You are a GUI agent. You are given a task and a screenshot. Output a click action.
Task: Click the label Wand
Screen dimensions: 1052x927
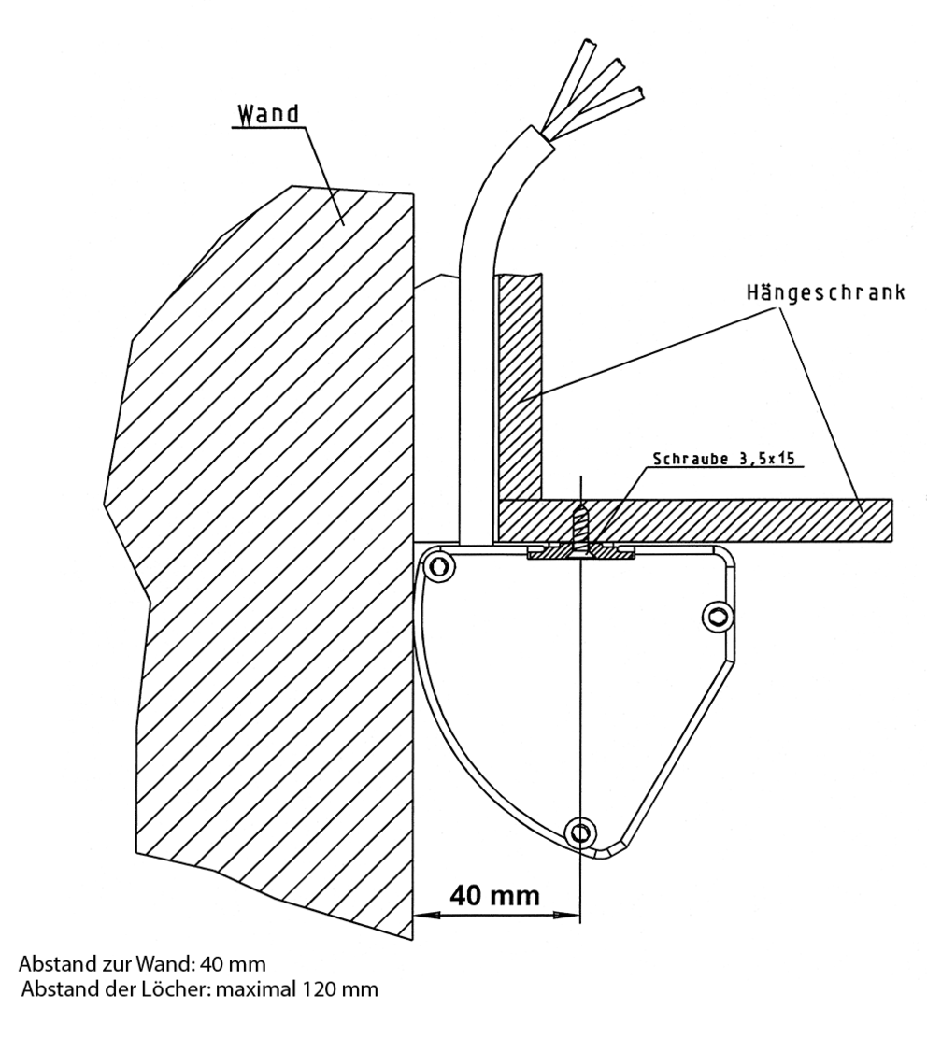[268, 115]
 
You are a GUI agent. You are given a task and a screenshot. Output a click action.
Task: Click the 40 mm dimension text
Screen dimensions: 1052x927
[494, 895]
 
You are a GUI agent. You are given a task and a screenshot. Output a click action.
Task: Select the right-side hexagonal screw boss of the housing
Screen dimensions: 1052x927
[716, 615]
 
